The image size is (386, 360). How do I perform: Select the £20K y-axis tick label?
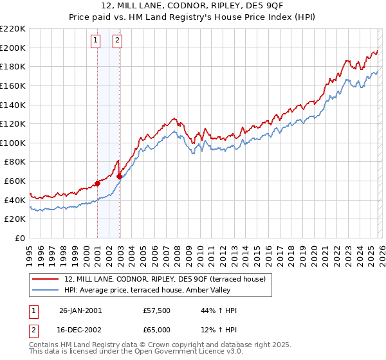point(15,219)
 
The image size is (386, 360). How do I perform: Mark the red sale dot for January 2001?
point(98,183)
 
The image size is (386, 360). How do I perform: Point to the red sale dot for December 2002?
point(120,176)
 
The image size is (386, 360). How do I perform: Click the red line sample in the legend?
point(46,279)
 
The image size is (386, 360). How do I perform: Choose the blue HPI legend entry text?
point(168,290)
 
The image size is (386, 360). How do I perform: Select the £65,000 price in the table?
point(157,330)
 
